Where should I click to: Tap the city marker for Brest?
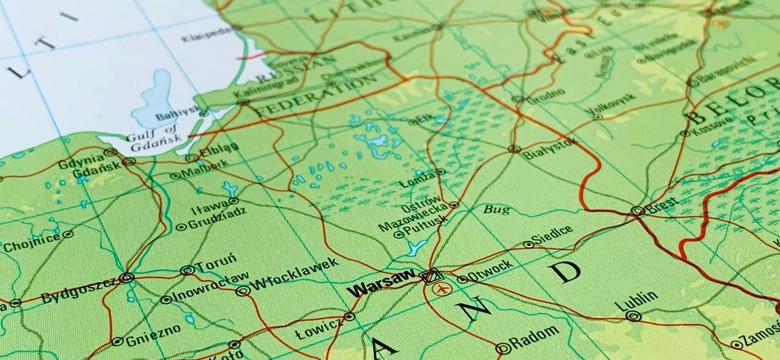pyautogui.click(x=637, y=211)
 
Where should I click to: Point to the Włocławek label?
pyautogui.click(x=281, y=281)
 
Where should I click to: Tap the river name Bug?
pyautogui.click(x=496, y=209)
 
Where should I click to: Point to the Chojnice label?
pyautogui.click(x=30, y=241)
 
